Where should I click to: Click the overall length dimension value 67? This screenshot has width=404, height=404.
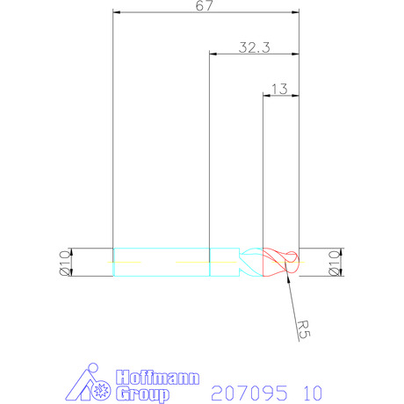coord(204,5)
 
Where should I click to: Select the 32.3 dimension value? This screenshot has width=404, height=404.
coord(254,47)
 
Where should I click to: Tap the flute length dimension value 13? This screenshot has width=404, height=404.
coord(279,89)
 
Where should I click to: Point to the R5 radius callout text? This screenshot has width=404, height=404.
coord(303,329)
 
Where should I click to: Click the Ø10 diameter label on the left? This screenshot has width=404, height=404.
coord(65,263)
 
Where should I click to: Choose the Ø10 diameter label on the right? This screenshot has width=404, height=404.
coord(335,263)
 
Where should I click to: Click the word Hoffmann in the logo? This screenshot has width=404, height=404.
coord(157,378)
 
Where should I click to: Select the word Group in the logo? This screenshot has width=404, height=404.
coord(142,394)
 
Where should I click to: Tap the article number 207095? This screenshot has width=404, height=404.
coord(249,393)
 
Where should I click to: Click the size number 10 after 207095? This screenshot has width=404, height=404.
coord(313,393)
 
